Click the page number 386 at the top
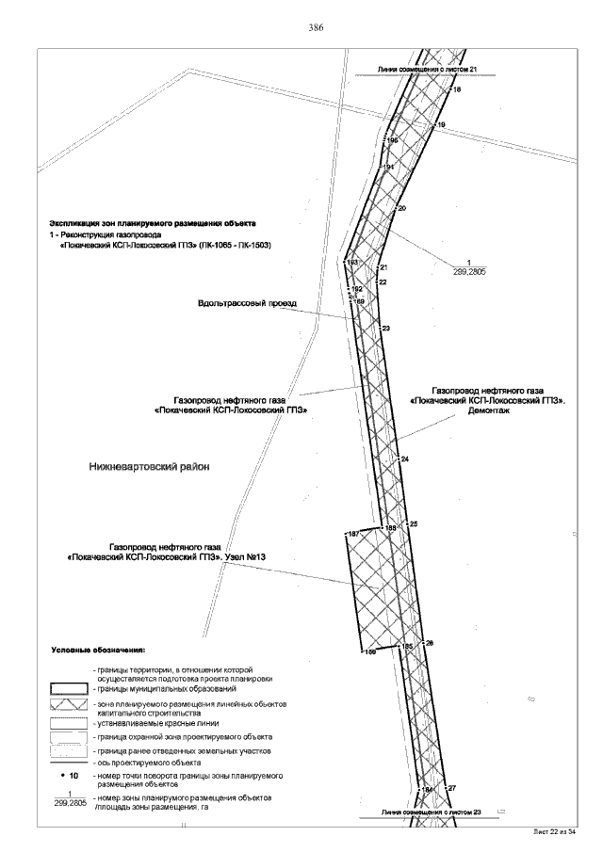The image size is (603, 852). click(317, 28)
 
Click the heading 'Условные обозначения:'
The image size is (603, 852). click(97, 651)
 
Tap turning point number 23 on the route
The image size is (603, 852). click(386, 328)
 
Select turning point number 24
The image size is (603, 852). click(405, 458)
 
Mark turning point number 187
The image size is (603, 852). click(353, 535)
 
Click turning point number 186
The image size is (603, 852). click(370, 651)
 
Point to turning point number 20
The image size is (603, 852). click(401, 207)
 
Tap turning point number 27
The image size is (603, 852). click(452, 787)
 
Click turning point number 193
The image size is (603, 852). click(353, 263)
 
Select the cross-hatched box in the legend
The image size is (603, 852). click(67, 705)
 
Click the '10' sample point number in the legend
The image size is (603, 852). click(75, 775)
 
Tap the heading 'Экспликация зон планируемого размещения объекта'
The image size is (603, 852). click(152, 223)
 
